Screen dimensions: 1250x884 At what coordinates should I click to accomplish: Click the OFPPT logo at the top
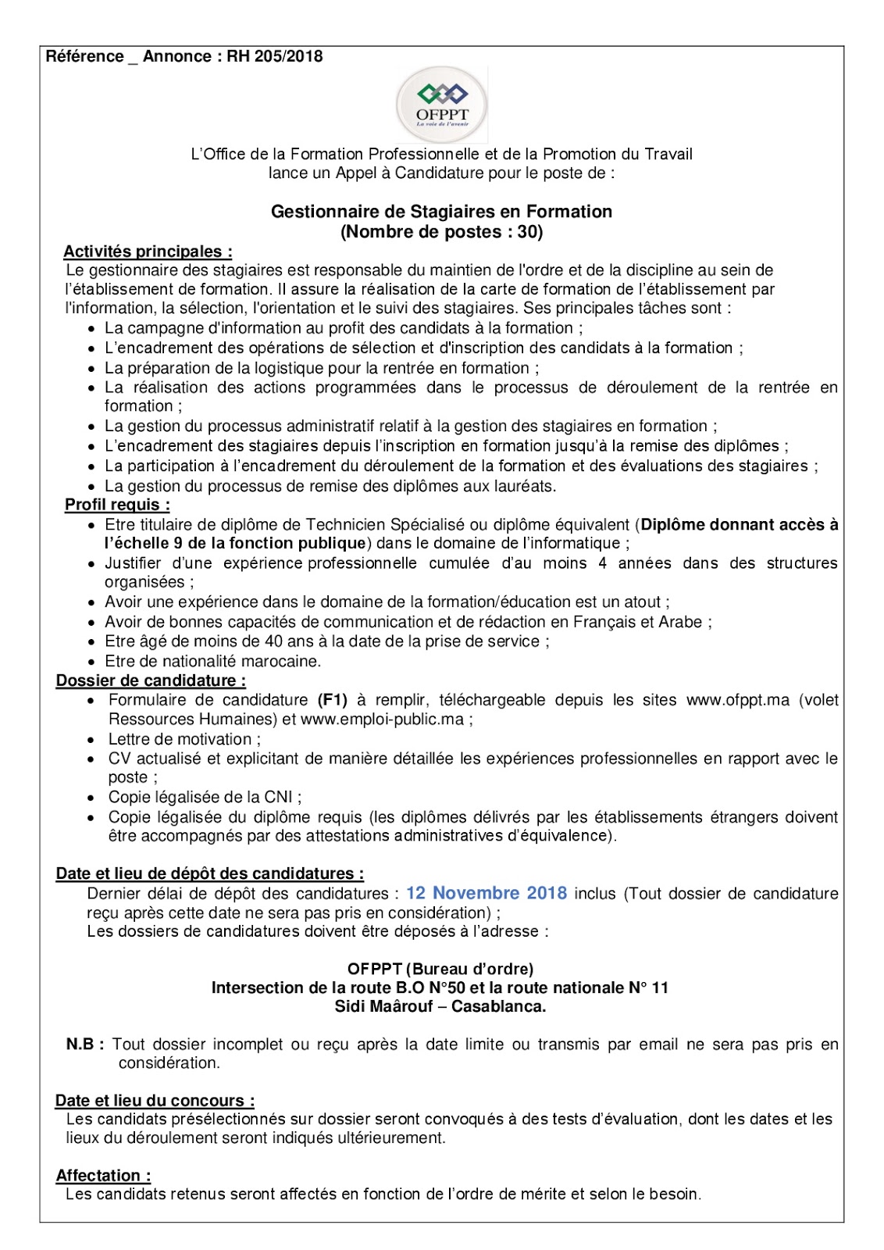(442, 105)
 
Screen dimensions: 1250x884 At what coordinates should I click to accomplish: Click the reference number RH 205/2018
(275, 56)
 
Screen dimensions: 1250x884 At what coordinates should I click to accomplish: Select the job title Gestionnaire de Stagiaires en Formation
(441, 212)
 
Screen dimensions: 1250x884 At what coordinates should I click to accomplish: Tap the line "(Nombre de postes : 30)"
(441, 232)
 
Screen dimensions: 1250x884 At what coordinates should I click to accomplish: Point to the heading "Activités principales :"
(148, 252)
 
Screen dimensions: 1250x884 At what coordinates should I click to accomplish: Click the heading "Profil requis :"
(117, 505)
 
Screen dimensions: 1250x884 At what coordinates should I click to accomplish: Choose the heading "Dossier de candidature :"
(151, 680)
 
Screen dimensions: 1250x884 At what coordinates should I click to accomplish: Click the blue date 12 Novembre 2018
(487, 893)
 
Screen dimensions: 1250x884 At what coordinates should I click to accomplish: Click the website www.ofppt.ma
(738, 700)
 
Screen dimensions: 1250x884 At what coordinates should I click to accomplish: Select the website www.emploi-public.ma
(382, 720)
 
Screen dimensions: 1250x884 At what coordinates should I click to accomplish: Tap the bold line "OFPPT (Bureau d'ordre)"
(440, 969)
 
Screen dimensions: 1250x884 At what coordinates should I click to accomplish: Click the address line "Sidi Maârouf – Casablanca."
(440, 1006)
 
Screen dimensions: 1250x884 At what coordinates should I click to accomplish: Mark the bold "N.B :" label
(85, 1045)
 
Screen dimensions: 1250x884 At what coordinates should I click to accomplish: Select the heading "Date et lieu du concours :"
(155, 1101)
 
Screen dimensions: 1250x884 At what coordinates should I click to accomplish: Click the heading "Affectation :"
(104, 1176)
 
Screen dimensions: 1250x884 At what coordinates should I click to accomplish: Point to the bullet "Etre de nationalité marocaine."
(213, 661)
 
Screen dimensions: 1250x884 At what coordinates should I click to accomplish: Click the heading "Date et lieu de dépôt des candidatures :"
(210, 873)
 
